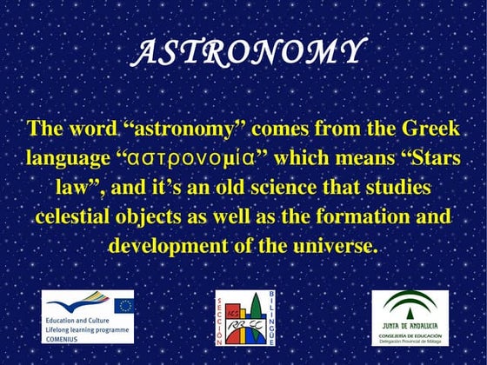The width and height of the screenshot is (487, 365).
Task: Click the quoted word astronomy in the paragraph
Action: pos(184,130)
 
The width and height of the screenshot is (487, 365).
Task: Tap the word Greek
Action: pos(429,130)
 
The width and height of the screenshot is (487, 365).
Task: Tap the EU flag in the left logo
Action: pos(123,305)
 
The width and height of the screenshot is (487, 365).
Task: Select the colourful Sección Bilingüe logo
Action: pos(243,318)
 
